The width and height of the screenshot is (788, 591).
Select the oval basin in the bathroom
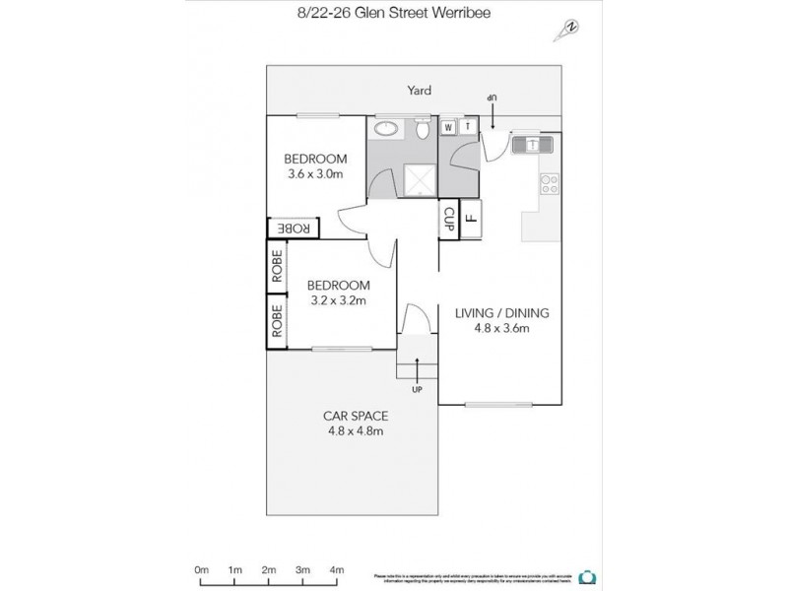pos(386,128)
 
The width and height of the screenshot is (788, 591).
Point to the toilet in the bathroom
pos(422,129)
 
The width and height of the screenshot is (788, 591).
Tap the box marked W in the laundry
pos(448,127)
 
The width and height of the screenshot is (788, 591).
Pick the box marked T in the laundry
pos(468,127)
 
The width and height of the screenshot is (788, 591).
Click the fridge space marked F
pos(470,216)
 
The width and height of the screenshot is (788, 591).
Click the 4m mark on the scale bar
pos(336,569)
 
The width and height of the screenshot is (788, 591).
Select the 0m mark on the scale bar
pos(201,569)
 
